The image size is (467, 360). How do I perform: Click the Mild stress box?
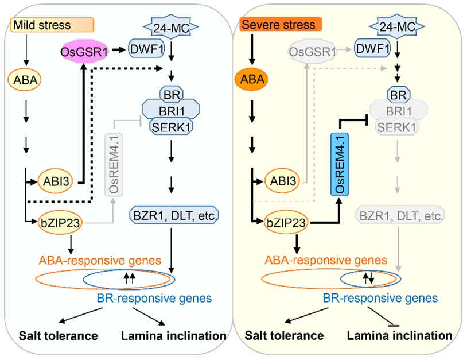(52, 25)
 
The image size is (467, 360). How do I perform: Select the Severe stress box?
(281, 25)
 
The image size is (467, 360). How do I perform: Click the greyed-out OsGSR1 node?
(312, 54)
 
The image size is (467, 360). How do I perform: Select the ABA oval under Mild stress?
(25, 80)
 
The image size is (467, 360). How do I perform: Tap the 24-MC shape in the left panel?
(169, 26)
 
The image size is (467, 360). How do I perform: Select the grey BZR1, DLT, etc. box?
(401, 216)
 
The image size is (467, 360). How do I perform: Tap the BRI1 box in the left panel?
(170, 109)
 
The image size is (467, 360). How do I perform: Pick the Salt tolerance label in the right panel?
(285, 335)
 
